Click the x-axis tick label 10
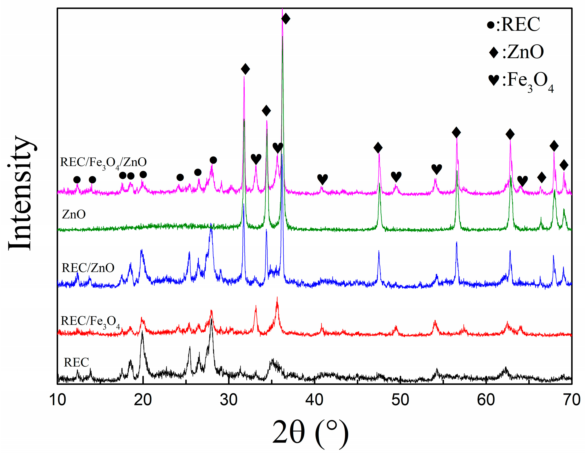[x=58, y=400]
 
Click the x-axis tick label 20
[x=143, y=400]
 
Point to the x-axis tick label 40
[x=315, y=400]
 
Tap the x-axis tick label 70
[x=572, y=400]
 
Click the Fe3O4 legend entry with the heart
[x=521, y=81]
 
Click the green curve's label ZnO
[x=74, y=215]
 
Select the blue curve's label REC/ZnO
[x=88, y=268]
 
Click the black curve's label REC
[x=76, y=363]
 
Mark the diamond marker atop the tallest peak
[x=286, y=19]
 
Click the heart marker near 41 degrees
[x=323, y=179]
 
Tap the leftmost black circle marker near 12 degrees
[x=77, y=180]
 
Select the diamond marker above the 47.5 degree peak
[x=378, y=148]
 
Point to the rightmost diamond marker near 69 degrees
[x=564, y=165]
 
